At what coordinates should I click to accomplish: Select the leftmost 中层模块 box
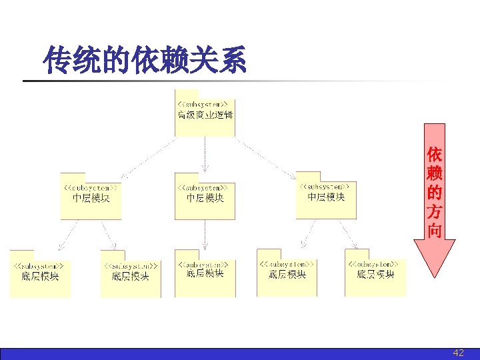(x=91, y=196)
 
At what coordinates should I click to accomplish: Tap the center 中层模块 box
(x=205, y=196)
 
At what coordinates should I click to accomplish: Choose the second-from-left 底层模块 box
(x=131, y=273)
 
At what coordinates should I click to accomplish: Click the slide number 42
(x=458, y=353)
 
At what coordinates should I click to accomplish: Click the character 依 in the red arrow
(x=435, y=154)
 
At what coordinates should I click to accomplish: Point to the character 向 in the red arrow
(x=435, y=231)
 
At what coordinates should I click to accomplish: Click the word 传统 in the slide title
(x=65, y=61)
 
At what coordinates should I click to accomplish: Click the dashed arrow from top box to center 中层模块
(x=205, y=154)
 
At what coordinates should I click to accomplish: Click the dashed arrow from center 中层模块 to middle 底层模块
(x=205, y=233)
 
